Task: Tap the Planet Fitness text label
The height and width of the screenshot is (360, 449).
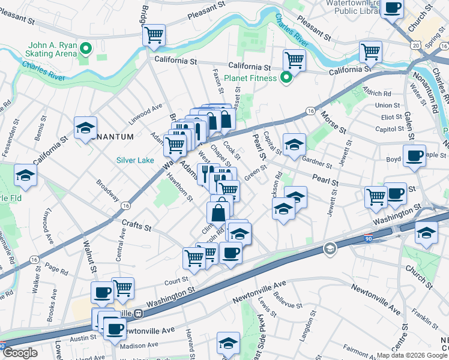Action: tap(250, 78)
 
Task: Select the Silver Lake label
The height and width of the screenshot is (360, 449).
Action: tap(135, 160)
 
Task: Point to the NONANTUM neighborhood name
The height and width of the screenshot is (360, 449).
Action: tap(114, 137)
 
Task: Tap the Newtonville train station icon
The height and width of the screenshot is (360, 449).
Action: tap(138, 313)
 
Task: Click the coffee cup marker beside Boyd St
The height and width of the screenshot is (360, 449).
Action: tap(414, 156)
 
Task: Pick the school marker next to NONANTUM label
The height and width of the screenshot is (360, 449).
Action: tap(86, 128)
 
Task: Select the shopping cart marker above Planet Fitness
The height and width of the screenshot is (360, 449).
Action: tap(294, 59)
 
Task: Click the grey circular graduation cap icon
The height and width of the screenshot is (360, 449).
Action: tap(329, 248)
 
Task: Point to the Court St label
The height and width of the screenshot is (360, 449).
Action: tap(176, 280)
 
